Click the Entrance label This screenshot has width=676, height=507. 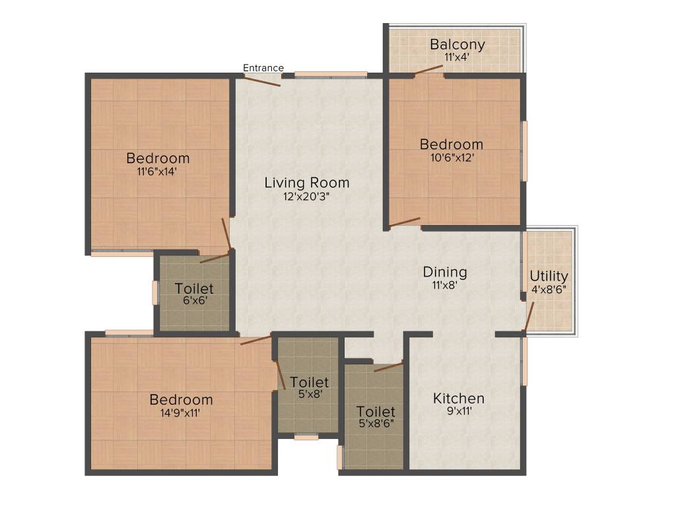(263, 68)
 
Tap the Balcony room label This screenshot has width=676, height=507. (457, 45)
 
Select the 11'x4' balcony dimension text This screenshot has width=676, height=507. (457, 57)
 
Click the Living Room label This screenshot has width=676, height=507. (307, 182)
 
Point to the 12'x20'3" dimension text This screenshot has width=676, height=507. (307, 196)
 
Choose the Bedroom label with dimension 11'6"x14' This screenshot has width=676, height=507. (158, 158)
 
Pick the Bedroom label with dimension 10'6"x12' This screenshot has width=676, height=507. (452, 145)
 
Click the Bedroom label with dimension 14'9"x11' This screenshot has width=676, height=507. (181, 400)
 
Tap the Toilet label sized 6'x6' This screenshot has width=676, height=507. (194, 289)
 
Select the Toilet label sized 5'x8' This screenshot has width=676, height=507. (309, 382)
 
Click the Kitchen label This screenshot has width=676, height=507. (459, 399)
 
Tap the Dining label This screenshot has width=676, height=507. (445, 272)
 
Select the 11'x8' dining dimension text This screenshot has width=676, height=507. (445, 285)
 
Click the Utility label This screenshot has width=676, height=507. (549, 276)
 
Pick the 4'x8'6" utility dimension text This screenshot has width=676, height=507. (549, 289)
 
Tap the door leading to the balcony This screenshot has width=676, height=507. (428, 69)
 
